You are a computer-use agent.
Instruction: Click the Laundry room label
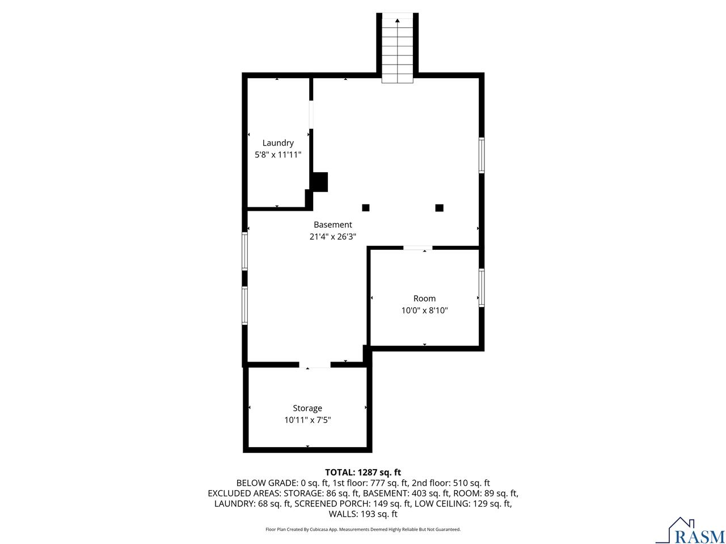point(278,143)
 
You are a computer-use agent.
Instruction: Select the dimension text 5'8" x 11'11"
point(278,154)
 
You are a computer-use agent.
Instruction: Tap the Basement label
point(333,224)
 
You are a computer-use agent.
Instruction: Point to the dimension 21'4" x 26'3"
point(333,237)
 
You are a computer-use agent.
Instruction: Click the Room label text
point(424,298)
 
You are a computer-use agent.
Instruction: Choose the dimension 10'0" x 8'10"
point(424,311)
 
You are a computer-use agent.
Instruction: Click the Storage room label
point(307,408)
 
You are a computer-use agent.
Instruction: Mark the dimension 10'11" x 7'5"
point(307,420)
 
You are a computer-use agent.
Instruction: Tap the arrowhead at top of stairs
point(398,21)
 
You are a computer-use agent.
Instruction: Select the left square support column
point(366,207)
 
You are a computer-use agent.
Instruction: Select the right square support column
point(439,207)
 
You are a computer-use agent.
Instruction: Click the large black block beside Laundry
point(320,181)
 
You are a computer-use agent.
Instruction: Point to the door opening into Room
point(417,248)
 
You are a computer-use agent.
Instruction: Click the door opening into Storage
point(315,365)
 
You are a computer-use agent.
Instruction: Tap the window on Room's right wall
point(482,287)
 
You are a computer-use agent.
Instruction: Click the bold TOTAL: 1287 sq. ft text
point(363,472)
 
